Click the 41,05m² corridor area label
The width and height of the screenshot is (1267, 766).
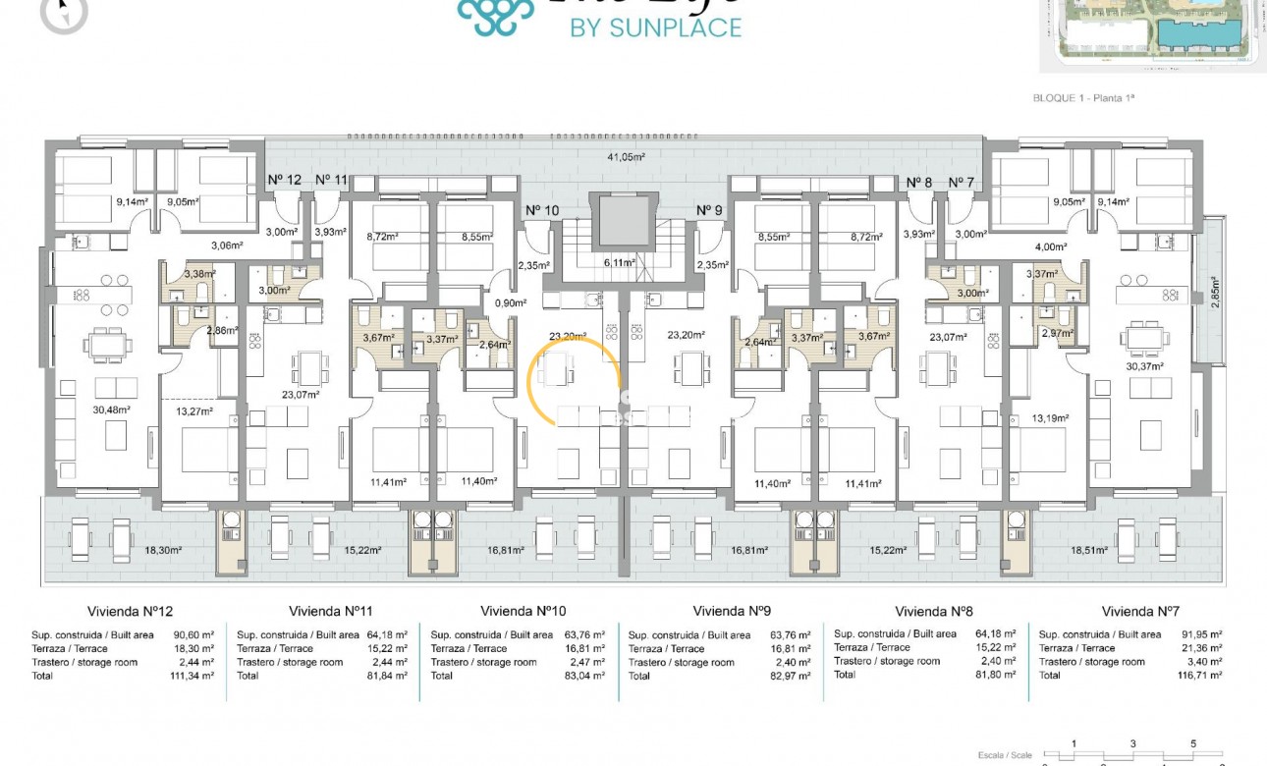tap(626, 156)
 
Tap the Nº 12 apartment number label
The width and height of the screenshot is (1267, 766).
tap(285, 180)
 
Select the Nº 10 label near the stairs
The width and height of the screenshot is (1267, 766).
tap(541, 210)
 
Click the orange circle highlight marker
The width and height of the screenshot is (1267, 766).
tap(575, 380)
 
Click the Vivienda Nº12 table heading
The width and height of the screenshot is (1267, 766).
tap(130, 611)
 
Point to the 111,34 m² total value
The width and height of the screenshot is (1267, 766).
tap(194, 676)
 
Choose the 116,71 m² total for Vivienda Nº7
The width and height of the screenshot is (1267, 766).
tap(1199, 676)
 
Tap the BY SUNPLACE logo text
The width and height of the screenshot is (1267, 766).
tap(656, 27)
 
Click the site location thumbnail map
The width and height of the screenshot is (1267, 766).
tap(1152, 34)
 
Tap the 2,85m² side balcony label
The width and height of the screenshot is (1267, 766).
tap(1215, 292)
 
